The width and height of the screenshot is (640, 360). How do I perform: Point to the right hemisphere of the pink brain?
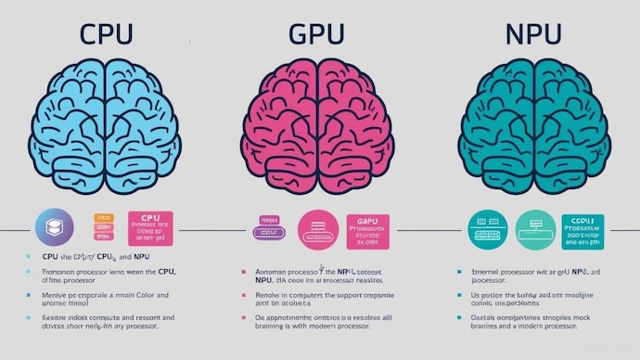coord(357,121)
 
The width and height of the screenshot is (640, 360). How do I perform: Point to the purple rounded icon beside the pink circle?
coord(268,229)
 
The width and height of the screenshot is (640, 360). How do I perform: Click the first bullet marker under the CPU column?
coord(29,254)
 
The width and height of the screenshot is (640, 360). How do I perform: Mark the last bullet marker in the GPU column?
coord(243,318)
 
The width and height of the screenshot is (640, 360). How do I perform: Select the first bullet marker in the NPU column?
coord(459,272)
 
